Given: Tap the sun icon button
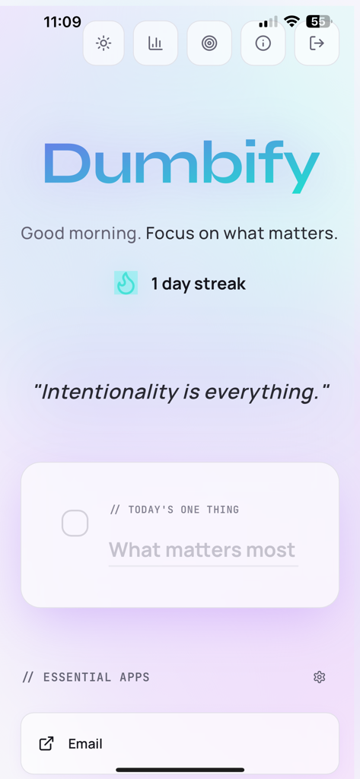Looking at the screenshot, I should (104, 43).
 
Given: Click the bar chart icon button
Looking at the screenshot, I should (155, 43).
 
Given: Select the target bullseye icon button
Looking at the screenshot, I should (209, 43).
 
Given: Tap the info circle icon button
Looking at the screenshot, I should (263, 43).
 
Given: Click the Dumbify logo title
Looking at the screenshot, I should (180, 166).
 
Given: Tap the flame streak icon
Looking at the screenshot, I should (126, 283).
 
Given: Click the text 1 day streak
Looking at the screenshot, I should (198, 284).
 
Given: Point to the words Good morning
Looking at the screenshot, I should (80, 233).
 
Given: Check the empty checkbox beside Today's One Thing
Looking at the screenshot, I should (75, 523).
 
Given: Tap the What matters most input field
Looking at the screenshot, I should (202, 550).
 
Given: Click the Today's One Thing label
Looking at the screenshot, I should (174, 509).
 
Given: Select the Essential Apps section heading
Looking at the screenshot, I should (86, 677).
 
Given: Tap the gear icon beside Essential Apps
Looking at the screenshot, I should (320, 677).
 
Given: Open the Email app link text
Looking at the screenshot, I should (85, 744).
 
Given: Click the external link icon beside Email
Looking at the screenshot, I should (46, 744).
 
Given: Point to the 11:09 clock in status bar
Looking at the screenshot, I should (62, 22).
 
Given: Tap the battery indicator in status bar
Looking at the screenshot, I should (318, 21).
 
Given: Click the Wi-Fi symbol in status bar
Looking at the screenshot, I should (292, 21).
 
